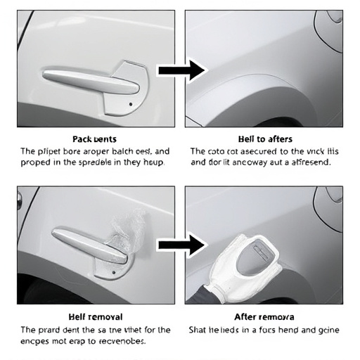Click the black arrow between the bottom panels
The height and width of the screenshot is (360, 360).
[x=180, y=245]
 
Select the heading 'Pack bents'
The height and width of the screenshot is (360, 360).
[x=94, y=139]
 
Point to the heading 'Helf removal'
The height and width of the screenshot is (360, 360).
[x=94, y=317]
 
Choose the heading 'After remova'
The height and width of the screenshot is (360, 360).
[x=264, y=317]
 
